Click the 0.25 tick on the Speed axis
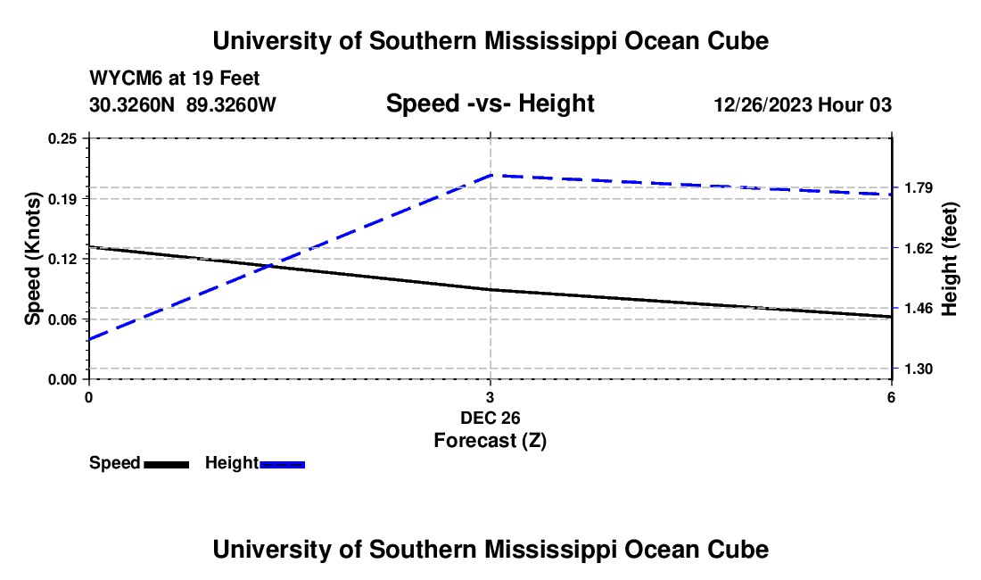pos(62,138)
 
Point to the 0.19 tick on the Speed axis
pos(62,199)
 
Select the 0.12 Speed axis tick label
pos(62,259)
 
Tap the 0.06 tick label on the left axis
pos(62,319)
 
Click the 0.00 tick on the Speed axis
pos(62,380)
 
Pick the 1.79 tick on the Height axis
pos(919,187)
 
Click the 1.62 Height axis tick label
pos(919,248)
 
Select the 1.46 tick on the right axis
pos(919,309)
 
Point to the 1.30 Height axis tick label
pos(919,369)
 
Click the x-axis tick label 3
pos(490,397)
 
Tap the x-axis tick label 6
pos(891,397)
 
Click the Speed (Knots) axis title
pos(32,259)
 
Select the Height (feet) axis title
pos(949,259)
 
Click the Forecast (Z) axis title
pos(490,441)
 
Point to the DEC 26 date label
pos(490,418)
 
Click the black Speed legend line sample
pos(167,464)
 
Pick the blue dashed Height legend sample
pos(282,464)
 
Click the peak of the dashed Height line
pos(491,175)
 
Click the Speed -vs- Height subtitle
pos(490,104)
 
